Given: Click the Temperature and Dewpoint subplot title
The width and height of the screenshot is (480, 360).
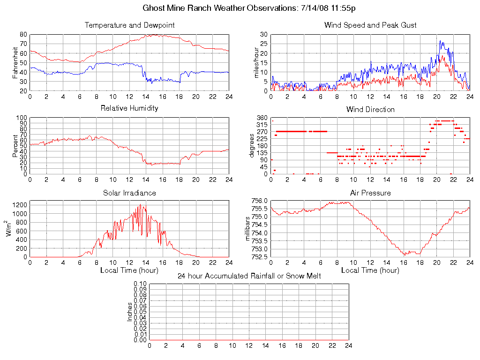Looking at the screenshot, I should click(x=129, y=25).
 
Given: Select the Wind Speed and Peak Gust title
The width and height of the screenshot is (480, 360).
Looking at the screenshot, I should click(x=370, y=25).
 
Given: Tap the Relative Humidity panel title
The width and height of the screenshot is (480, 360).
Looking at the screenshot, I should click(x=129, y=108).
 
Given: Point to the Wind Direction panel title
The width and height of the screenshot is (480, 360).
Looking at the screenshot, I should click(x=370, y=110).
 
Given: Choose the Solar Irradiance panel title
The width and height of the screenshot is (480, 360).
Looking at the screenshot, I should click(x=129, y=193).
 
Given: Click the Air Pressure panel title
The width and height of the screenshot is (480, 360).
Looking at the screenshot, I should click(x=370, y=193).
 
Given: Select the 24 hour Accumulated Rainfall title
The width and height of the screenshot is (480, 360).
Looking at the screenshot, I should click(x=249, y=276).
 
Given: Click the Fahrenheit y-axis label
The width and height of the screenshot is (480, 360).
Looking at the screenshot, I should click(x=15, y=62).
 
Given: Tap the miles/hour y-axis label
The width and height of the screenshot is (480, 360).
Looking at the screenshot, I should click(x=256, y=62).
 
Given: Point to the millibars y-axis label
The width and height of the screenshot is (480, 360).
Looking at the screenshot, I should click(x=249, y=229).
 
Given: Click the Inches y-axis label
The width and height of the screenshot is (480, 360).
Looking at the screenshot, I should click(x=130, y=312).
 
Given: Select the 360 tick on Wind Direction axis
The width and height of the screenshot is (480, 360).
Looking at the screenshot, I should click(x=261, y=118).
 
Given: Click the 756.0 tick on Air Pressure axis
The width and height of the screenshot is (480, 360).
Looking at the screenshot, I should click(x=259, y=201).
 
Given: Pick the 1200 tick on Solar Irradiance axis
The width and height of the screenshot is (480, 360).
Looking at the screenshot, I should click(x=19, y=205).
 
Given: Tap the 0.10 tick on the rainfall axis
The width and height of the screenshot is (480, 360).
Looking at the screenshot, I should click(x=140, y=284).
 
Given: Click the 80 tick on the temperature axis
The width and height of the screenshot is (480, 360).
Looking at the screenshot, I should click(x=23, y=34).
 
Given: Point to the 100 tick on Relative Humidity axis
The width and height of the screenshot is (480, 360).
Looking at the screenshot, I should click(x=22, y=118).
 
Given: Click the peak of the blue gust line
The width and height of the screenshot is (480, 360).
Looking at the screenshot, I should click(x=440, y=41).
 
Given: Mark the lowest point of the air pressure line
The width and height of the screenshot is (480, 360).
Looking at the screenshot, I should click(x=405, y=255).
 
